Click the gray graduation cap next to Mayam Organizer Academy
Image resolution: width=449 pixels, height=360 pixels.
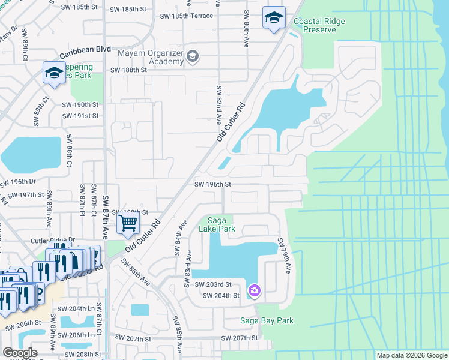pos(193,57)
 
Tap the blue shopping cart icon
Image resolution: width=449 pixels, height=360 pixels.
pos(128,224)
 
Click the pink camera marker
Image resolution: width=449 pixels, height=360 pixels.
pos(255,291)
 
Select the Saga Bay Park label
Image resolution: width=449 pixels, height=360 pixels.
pos(267,320)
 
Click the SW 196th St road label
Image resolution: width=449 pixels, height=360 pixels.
pos(212,185)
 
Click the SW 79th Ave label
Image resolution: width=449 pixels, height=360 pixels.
pos(283,257)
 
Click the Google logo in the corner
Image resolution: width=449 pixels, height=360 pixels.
pos(20,353)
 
